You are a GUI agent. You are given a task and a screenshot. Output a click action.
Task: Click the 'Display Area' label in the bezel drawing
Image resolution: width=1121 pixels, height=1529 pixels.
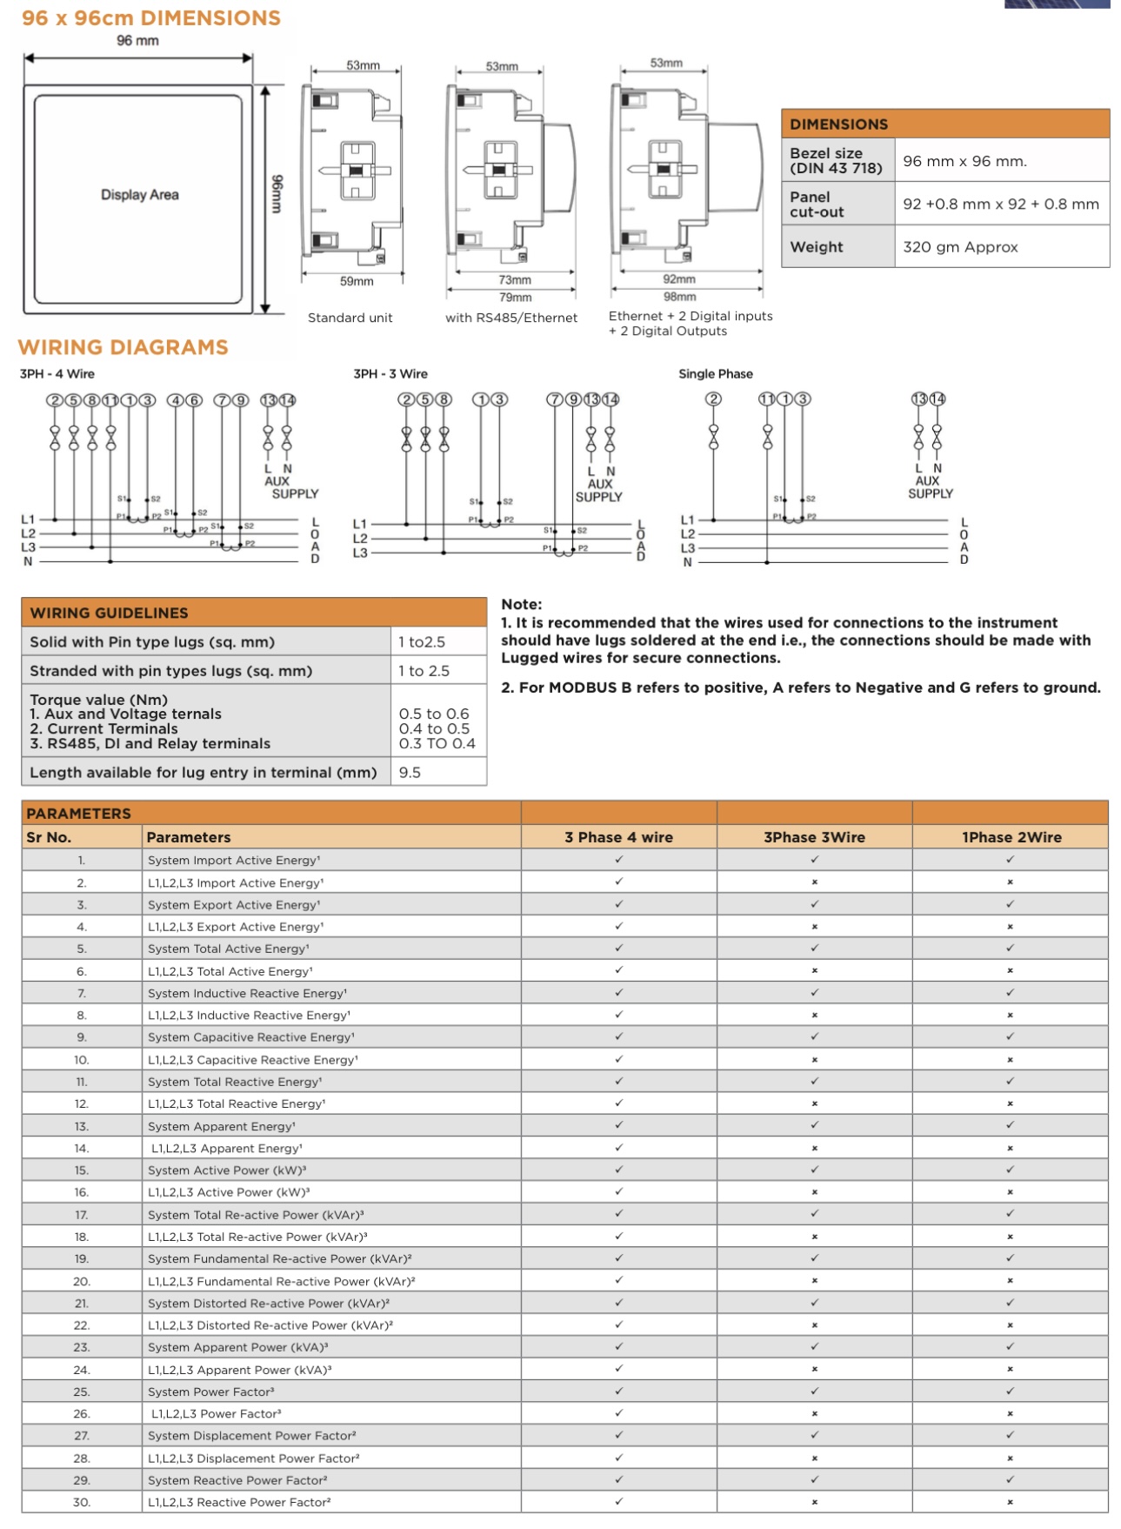tap(139, 195)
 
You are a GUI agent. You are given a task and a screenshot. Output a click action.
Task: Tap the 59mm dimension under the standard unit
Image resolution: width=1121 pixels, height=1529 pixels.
tap(357, 281)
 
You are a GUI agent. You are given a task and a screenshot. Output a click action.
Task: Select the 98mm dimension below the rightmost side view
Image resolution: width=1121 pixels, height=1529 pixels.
tap(679, 297)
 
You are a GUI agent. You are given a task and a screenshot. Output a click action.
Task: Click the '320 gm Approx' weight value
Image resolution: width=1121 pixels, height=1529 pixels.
tap(960, 247)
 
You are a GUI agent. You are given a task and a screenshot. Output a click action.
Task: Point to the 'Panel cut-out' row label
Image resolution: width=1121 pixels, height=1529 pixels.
tap(817, 205)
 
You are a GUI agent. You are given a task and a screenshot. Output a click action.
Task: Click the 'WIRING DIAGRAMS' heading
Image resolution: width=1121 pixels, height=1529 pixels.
tap(123, 347)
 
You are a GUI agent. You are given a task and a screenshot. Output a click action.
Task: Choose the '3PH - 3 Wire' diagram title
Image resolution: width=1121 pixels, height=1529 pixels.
tap(390, 374)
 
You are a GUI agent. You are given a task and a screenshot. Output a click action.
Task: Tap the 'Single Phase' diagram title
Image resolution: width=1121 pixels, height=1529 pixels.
tap(715, 374)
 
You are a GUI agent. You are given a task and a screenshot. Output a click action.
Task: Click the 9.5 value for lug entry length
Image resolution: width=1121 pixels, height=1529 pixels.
tap(410, 773)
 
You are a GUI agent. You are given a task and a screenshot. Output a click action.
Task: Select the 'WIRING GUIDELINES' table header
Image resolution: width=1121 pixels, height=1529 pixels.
tap(109, 613)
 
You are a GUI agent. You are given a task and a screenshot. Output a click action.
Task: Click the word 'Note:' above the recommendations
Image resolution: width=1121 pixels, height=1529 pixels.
tap(521, 604)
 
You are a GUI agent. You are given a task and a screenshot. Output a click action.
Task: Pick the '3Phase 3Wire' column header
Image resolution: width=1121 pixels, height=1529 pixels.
tap(814, 837)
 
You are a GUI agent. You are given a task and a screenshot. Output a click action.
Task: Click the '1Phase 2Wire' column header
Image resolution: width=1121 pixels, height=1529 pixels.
tap(1011, 837)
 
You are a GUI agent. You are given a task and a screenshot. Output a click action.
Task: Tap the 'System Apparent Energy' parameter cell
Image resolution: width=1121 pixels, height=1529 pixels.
tap(221, 1126)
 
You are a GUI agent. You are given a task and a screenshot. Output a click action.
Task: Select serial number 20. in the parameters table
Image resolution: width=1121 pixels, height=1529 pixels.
tap(82, 1281)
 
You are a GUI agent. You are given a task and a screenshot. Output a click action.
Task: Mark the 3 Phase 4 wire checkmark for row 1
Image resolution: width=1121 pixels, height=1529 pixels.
tap(619, 860)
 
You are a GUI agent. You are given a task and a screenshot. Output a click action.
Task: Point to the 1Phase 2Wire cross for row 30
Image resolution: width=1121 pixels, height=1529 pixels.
tap(1011, 1502)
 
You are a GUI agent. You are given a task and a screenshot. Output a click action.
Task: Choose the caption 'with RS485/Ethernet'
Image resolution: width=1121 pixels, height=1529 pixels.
tap(511, 318)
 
